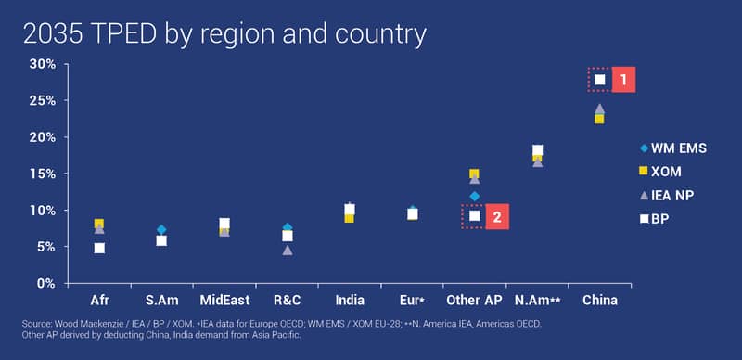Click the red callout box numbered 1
pyautogui.click(x=623, y=80)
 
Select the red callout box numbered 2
pyautogui.click(x=497, y=216)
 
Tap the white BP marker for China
pyautogui.click(x=599, y=80)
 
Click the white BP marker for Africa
pyautogui.click(x=99, y=249)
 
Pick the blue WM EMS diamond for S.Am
pyautogui.click(x=161, y=230)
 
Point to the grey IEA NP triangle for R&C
pyautogui.click(x=288, y=251)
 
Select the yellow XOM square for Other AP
pyautogui.click(x=474, y=174)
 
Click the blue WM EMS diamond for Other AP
pyautogui.click(x=475, y=196)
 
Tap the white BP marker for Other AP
pyautogui.click(x=475, y=216)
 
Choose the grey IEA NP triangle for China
pyautogui.click(x=599, y=109)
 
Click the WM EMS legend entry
pyautogui.click(x=673, y=148)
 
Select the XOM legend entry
pyautogui.click(x=660, y=172)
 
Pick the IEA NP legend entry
pyautogui.click(x=666, y=195)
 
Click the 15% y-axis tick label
pyautogui.click(x=43, y=174)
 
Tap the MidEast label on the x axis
pyautogui.click(x=224, y=301)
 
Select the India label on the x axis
pyautogui.click(x=350, y=301)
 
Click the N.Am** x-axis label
pyautogui.click(x=538, y=301)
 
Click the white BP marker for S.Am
pyautogui.click(x=161, y=240)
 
